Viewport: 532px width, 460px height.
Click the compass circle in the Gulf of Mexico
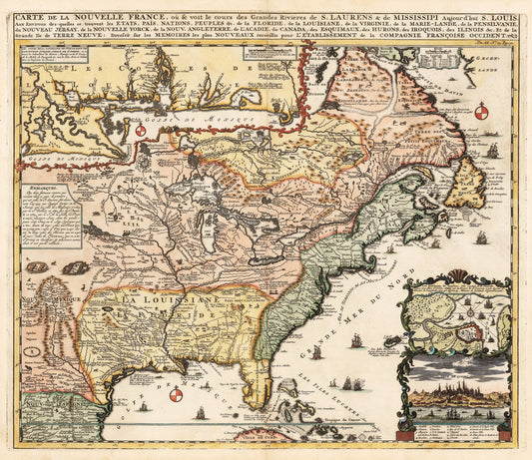(176, 395)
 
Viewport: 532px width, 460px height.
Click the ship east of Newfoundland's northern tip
(491, 150)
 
